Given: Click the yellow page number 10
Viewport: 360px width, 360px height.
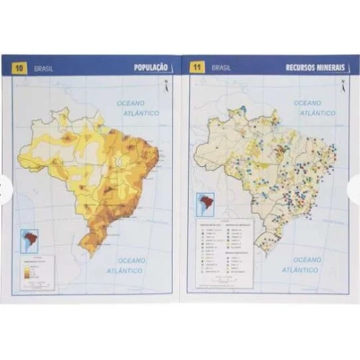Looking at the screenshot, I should tap(19, 68).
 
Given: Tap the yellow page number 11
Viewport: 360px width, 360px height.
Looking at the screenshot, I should tap(197, 68).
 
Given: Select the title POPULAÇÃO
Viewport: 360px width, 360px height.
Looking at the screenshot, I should tap(151, 68).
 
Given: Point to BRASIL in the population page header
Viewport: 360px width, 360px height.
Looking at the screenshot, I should tap(43, 68).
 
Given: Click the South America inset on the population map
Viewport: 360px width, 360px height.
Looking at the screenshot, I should tap(30, 238).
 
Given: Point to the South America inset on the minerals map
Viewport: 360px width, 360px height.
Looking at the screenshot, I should tap(205, 203).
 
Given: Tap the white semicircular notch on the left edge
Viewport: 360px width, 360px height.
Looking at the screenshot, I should tap(4, 189).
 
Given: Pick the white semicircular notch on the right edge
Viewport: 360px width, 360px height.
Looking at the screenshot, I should tap(355, 189).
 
